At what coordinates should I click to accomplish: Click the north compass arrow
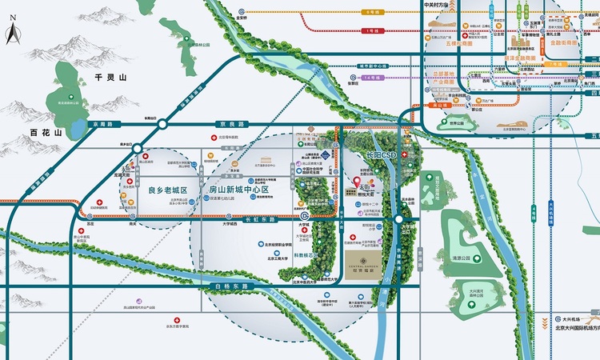[12, 34]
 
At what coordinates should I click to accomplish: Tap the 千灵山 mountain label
[111, 77]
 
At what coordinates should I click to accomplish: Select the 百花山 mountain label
[46, 131]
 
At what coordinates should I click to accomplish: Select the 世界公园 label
[456, 125]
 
